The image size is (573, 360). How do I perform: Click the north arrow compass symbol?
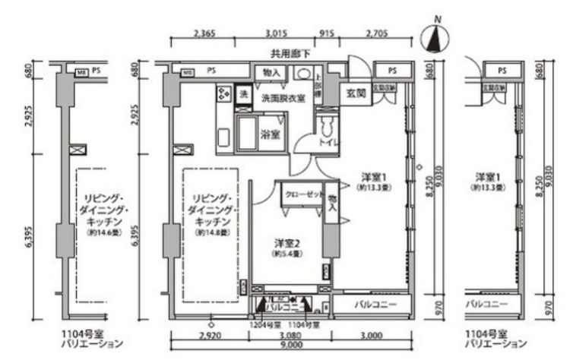point(435,38)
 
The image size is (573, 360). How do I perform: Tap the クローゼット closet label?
point(302,194)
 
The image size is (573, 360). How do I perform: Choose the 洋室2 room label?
point(286,243)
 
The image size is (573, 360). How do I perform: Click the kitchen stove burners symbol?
point(224,94)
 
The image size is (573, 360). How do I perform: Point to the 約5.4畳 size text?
point(285,254)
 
